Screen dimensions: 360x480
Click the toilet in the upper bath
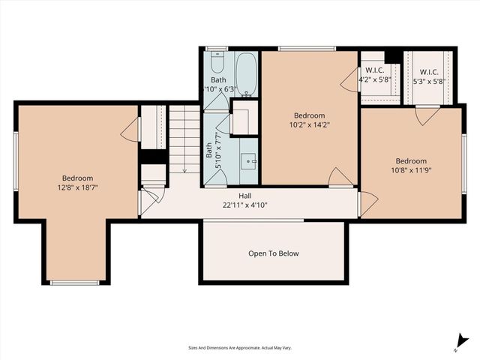point(217,58)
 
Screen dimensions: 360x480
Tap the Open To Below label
point(273,253)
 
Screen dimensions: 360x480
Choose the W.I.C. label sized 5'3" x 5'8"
point(428,70)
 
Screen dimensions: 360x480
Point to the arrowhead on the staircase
point(184,171)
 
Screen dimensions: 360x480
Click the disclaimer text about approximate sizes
point(240,348)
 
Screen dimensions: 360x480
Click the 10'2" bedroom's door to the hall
point(340,178)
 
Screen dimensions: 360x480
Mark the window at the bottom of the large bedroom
point(74,283)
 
